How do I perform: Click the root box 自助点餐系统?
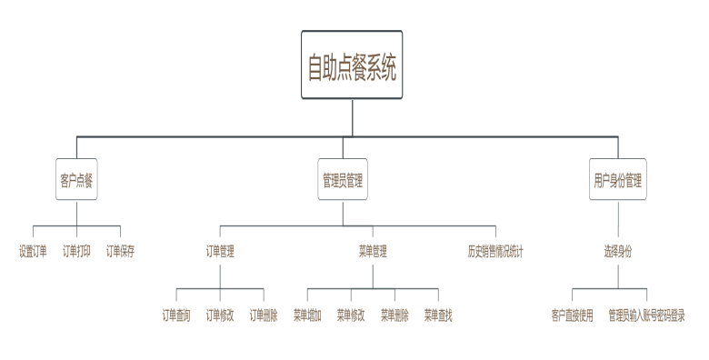(x=352, y=65)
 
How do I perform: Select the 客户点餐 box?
(x=76, y=181)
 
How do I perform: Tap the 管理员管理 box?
(x=343, y=181)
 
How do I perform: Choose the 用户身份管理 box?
(x=617, y=181)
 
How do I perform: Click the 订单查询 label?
(x=176, y=315)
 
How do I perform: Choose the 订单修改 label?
(x=220, y=315)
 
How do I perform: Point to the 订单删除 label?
(x=264, y=315)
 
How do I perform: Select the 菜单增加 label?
(x=307, y=315)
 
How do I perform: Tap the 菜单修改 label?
(x=351, y=315)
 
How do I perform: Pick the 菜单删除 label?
(x=394, y=315)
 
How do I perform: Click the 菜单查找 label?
(x=438, y=315)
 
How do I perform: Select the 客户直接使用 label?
(x=572, y=315)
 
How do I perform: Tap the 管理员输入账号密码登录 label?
(x=646, y=315)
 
